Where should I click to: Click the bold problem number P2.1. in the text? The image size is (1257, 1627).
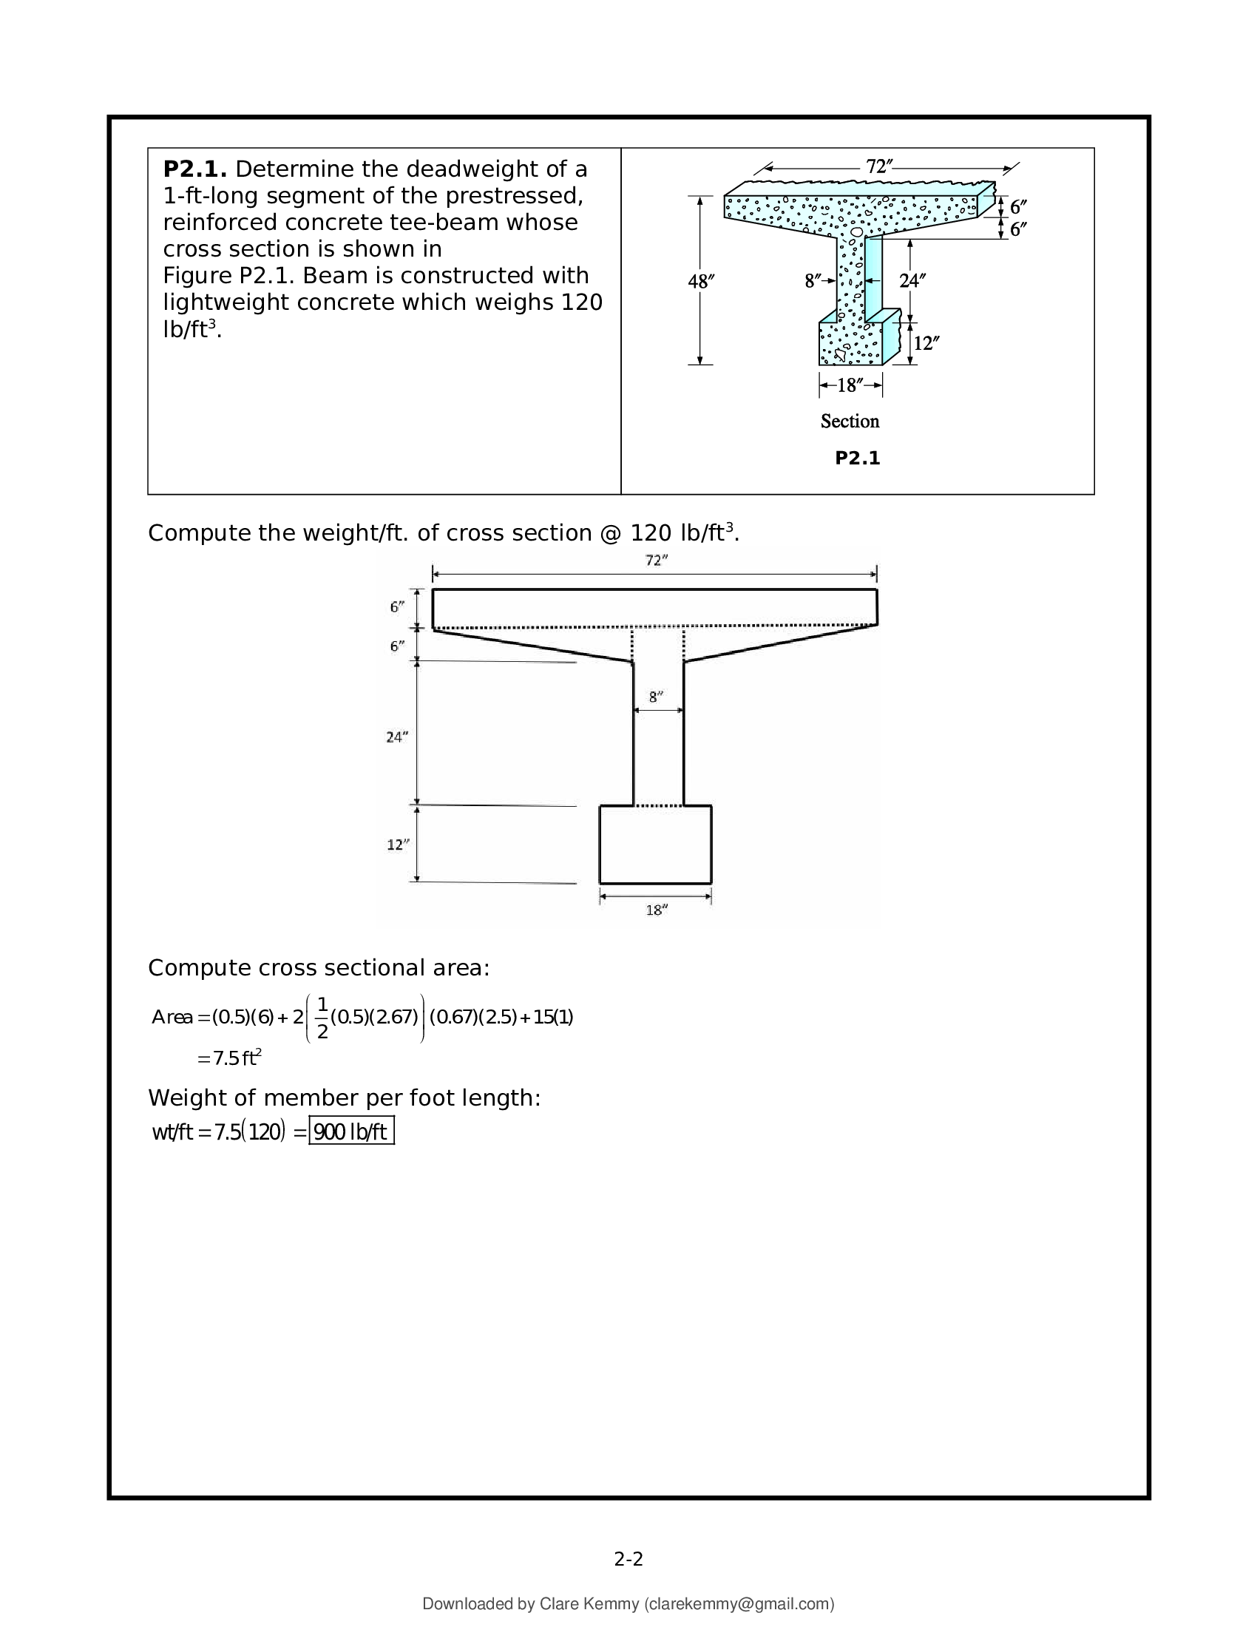tap(194, 170)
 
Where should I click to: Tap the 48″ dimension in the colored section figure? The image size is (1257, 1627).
tap(701, 282)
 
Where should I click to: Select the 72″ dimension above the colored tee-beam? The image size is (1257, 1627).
tap(879, 167)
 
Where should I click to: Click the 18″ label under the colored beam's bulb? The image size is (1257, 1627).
tap(850, 385)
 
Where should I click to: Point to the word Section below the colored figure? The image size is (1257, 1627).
tap(850, 422)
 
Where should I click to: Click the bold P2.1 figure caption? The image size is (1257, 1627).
tap(857, 459)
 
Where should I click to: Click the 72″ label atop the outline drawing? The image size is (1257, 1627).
tap(656, 561)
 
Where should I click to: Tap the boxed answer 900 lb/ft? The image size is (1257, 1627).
tap(350, 1132)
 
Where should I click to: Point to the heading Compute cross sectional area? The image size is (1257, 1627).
tap(319, 968)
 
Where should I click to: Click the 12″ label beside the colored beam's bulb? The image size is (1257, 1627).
tap(926, 343)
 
